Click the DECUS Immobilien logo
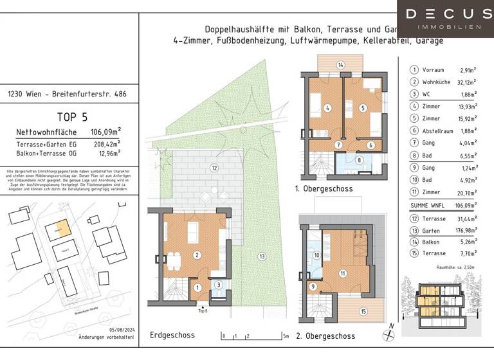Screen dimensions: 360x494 (445, 18)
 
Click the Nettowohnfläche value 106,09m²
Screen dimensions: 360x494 (105, 133)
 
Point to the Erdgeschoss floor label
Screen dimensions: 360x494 (172, 335)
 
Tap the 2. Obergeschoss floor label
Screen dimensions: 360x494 (325, 336)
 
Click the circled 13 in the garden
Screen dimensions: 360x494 (262, 256)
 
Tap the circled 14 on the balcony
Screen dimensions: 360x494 (341, 65)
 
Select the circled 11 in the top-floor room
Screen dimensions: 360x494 (342, 273)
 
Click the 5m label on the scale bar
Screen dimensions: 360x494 (285, 336)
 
